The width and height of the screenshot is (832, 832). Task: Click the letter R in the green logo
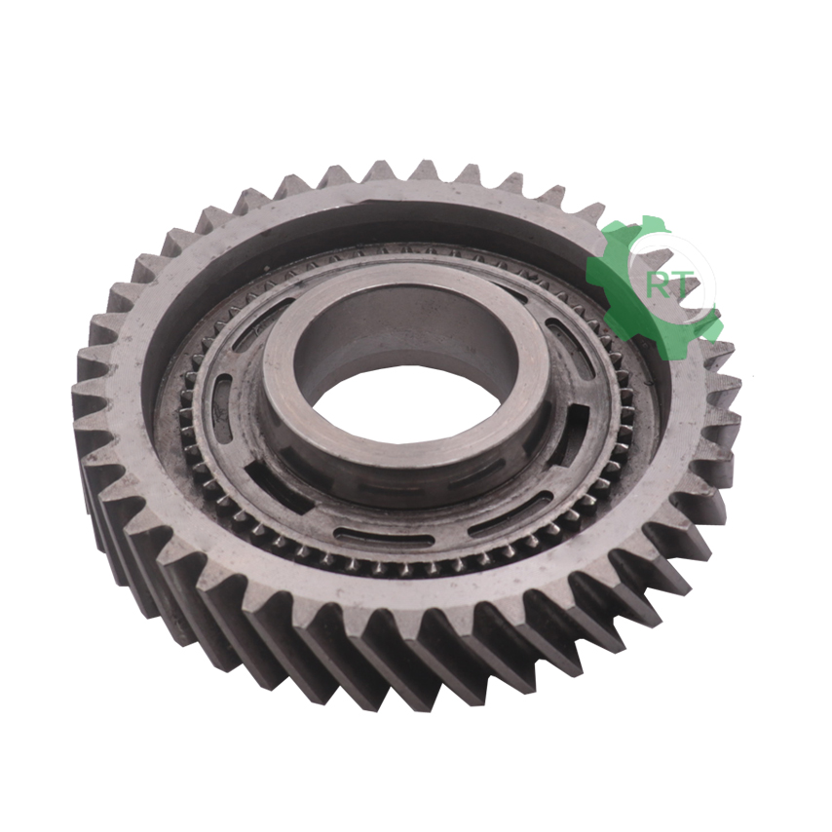coord(658,286)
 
